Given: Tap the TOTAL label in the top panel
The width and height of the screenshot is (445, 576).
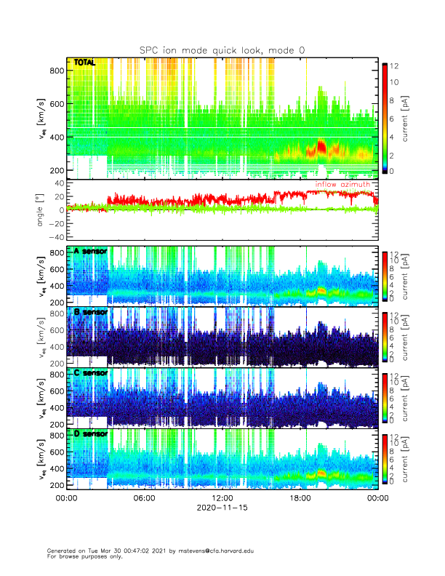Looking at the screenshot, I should tap(84, 64).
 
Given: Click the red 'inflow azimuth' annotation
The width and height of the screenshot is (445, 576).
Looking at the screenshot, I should tap(342, 185).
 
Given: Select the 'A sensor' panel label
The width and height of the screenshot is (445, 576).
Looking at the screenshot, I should tap(90, 251).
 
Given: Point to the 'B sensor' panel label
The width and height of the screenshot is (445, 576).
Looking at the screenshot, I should tap(90, 312).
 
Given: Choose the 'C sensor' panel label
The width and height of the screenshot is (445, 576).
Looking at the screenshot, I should tap(90, 373).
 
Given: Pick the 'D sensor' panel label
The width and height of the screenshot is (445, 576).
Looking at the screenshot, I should tap(90, 433).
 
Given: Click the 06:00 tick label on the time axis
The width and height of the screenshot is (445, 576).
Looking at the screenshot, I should tap(144, 498).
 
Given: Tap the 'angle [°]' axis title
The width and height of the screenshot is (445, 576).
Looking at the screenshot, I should tap(41, 210).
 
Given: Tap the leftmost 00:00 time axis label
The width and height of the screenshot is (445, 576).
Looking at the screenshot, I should tap(66, 498).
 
